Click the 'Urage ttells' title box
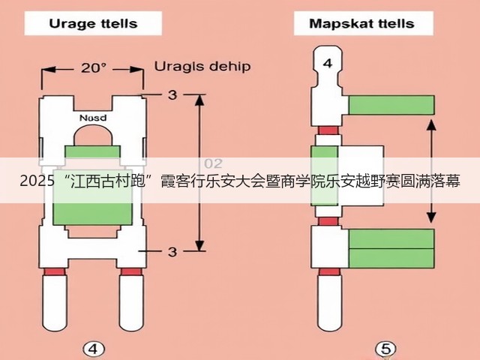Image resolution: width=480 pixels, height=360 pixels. (x=93, y=23)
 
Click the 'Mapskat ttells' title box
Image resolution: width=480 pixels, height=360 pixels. (x=363, y=23)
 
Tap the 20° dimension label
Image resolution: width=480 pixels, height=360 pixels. (x=93, y=67)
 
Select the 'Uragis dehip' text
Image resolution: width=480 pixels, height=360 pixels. (x=202, y=67)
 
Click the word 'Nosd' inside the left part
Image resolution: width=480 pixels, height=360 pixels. (x=93, y=118)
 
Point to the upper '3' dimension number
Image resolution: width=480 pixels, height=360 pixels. (x=172, y=95)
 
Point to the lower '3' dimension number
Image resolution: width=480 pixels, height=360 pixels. (x=172, y=252)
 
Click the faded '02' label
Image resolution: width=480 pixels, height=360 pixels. (x=213, y=163)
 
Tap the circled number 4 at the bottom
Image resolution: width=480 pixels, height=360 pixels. (x=94, y=349)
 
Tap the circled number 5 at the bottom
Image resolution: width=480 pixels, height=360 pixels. (x=385, y=349)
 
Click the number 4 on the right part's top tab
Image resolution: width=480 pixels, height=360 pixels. (x=328, y=63)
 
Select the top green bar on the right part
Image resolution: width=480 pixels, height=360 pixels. (x=391, y=105)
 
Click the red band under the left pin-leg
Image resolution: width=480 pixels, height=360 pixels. (x=55, y=271)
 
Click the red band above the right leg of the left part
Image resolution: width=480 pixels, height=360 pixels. (x=131, y=271)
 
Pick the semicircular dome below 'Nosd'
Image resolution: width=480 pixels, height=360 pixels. (x=93, y=136)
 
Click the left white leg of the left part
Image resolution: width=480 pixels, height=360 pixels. (x=55, y=303)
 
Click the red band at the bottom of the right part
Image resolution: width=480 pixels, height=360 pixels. (x=329, y=271)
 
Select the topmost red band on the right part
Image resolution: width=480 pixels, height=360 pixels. (x=328, y=130)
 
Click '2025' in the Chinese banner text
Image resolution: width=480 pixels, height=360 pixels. (x=37, y=181)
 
